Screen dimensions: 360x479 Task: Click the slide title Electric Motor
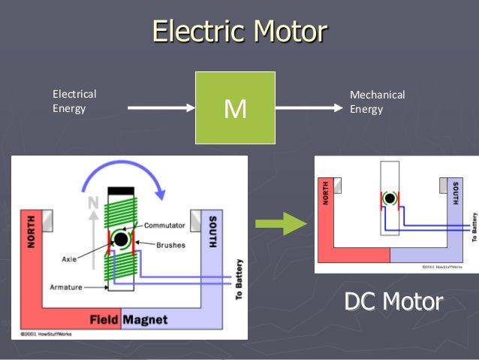point(239,32)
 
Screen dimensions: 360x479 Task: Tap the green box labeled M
point(235,108)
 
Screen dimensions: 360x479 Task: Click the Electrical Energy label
point(74,101)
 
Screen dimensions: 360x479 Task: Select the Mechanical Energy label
point(377,101)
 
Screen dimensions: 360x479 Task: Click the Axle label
point(70,259)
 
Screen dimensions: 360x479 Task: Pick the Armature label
point(67,287)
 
